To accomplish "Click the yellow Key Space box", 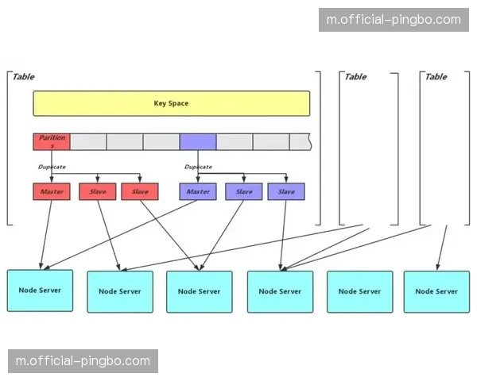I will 171,103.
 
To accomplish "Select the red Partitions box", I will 52,141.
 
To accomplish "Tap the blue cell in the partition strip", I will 197,141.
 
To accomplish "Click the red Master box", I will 52,191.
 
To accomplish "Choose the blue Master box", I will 197,191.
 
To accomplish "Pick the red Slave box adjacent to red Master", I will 97,191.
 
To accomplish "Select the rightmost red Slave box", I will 140,191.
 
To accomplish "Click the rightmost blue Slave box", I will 286,191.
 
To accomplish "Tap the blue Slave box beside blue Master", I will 243,191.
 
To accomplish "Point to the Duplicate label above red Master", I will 52,167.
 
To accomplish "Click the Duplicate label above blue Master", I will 198,167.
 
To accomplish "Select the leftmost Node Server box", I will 40,291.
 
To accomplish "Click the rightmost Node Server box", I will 436,291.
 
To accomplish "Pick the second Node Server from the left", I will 119,291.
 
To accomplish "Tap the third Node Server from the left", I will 199,291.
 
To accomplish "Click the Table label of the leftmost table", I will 23,77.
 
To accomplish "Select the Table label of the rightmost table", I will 436,77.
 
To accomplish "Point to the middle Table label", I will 355,77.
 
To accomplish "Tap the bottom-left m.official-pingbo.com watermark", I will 83,361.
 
